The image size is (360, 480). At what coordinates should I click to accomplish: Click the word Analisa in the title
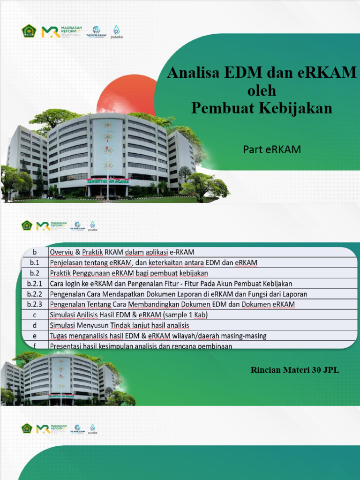195,74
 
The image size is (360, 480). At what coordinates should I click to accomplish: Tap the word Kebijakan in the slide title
296,108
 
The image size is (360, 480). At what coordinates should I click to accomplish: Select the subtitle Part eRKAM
271,150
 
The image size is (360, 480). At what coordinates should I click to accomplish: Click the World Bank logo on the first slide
97,32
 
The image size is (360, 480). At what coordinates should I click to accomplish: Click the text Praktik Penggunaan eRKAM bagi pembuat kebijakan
128,273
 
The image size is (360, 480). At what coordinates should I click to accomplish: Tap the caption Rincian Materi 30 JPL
295,370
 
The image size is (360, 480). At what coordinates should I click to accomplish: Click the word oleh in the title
262,90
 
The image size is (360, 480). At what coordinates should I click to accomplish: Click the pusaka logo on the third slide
92,429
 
